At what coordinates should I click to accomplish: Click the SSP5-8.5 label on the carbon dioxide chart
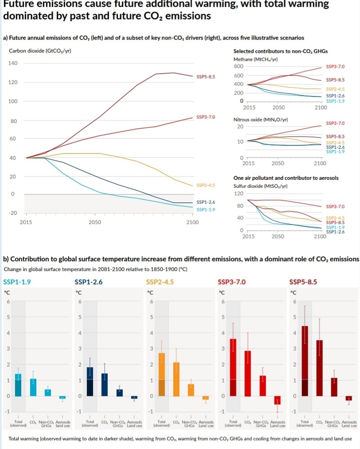point(206,77)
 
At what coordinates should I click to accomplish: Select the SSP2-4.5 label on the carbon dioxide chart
point(206,185)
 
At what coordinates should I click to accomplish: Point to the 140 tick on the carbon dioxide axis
point(13,63)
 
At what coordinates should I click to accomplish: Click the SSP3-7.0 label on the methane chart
point(335,66)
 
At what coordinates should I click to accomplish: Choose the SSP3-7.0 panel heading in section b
point(231,282)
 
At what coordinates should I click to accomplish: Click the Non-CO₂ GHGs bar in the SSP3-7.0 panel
point(263,386)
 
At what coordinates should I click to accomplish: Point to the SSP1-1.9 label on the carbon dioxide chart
point(206,209)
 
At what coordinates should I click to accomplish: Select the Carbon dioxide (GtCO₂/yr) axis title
point(40,50)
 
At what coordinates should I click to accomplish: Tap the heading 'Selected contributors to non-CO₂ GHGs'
point(274,52)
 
